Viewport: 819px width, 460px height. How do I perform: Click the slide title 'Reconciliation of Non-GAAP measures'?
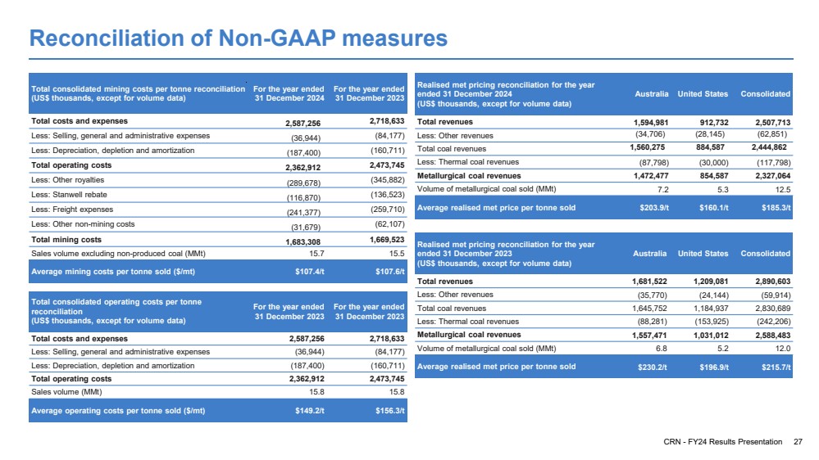tap(239, 38)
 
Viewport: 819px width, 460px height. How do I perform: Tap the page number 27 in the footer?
tap(798, 442)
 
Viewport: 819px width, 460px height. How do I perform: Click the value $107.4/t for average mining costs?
tap(310, 272)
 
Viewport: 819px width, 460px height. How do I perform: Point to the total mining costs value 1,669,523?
tap(387, 239)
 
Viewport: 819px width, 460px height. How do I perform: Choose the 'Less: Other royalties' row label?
tap(67, 180)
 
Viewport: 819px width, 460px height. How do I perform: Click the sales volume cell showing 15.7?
tap(317, 254)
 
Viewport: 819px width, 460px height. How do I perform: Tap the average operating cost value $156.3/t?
tap(390, 411)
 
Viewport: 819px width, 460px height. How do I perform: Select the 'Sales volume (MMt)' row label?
tap(66, 392)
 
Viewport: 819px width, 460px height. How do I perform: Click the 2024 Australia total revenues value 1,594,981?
tap(651, 123)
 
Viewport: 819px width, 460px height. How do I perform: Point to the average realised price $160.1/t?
tap(714, 208)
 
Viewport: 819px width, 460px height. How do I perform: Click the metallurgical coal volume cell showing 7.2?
tap(663, 190)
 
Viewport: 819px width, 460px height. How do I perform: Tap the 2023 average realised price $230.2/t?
tap(653, 368)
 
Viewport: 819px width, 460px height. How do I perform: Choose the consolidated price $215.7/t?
tap(776, 368)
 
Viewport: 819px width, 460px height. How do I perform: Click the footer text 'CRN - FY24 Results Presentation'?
tap(723, 442)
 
